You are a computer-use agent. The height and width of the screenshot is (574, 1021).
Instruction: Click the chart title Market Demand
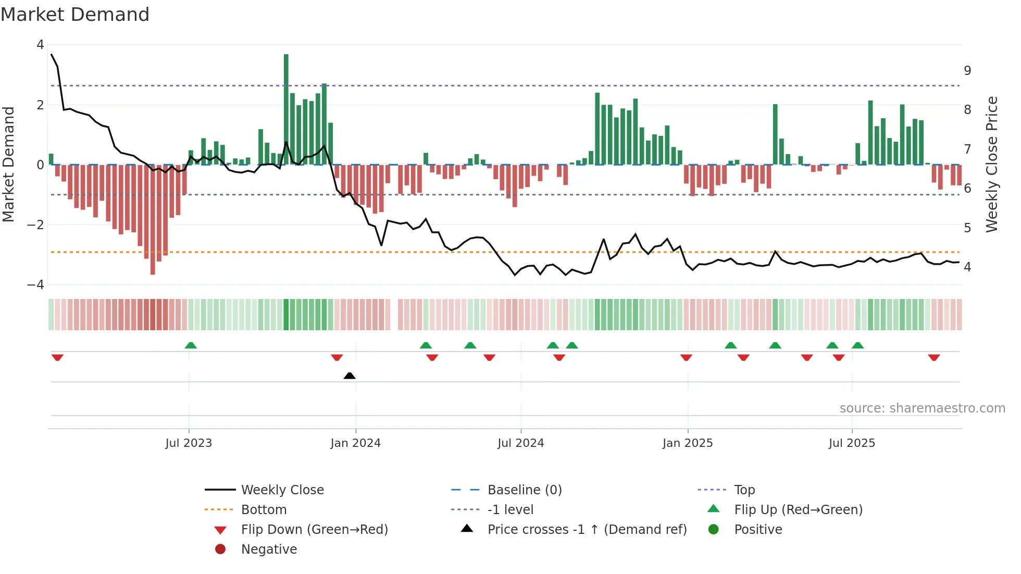(x=75, y=15)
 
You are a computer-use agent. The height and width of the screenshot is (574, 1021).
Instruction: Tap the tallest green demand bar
(x=286, y=109)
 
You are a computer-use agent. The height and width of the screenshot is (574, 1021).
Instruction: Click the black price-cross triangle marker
(x=350, y=376)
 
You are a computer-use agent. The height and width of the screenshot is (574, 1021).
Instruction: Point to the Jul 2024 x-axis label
(x=520, y=443)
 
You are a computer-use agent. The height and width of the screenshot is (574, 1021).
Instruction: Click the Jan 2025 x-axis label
(x=687, y=443)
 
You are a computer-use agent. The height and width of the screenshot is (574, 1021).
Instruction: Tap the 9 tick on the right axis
(x=967, y=71)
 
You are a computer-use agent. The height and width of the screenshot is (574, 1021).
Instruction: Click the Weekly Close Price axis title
(x=991, y=164)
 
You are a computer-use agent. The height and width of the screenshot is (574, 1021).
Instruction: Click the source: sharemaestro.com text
(x=922, y=408)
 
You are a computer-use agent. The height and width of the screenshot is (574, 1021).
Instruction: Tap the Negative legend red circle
(x=220, y=550)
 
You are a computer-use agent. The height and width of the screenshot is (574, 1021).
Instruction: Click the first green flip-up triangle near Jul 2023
(x=191, y=345)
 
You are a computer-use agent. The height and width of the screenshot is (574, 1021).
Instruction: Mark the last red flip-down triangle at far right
(x=933, y=357)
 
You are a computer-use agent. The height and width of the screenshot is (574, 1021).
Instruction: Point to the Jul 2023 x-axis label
(x=189, y=443)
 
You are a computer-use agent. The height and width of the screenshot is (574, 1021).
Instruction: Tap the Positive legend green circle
(x=714, y=530)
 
